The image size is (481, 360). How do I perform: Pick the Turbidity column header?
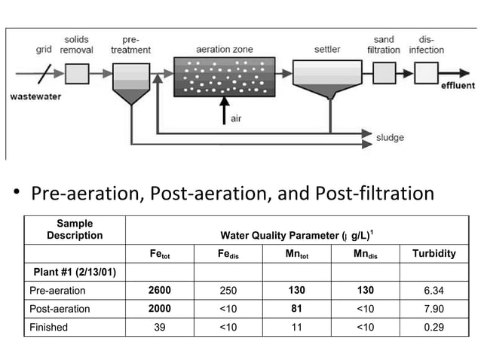click(434, 254)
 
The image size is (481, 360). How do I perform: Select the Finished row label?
click(49, 327)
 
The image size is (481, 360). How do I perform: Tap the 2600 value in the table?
click(160, 290)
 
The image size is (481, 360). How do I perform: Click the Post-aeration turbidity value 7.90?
click(434, 309)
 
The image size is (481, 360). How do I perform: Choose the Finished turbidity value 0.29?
click(434, 327)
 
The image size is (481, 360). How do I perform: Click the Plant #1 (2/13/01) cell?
click(73, 272)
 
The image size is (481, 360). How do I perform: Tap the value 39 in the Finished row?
click(160, 327)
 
